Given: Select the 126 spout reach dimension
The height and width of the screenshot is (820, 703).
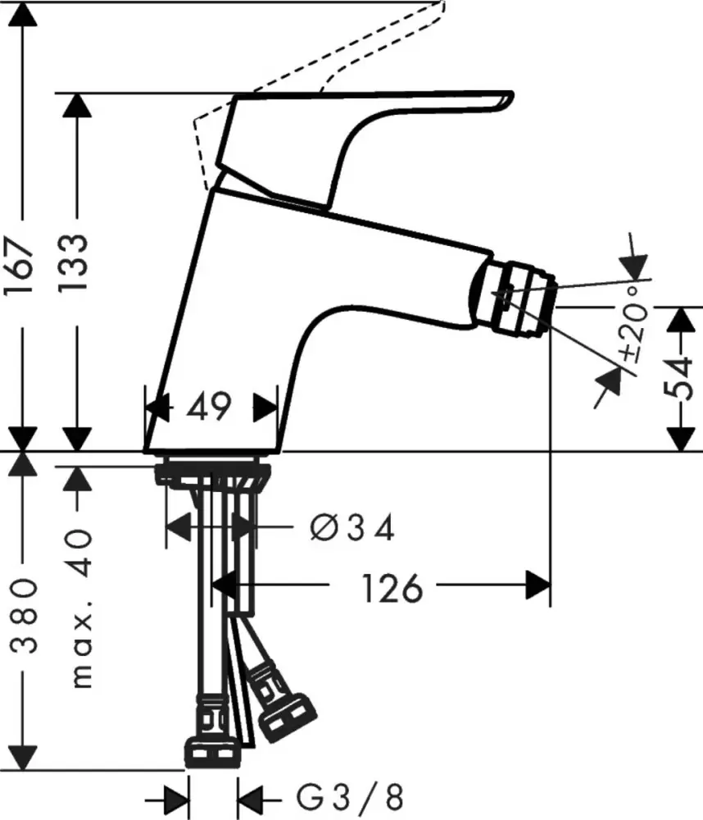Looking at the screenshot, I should coord(383,587).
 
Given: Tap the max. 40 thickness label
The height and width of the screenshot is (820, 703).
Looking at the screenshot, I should coord(79,607).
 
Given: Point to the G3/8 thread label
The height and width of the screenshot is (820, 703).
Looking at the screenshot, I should coord(348,796).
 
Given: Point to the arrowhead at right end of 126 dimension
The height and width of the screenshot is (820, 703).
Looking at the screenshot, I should coord(537,587).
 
